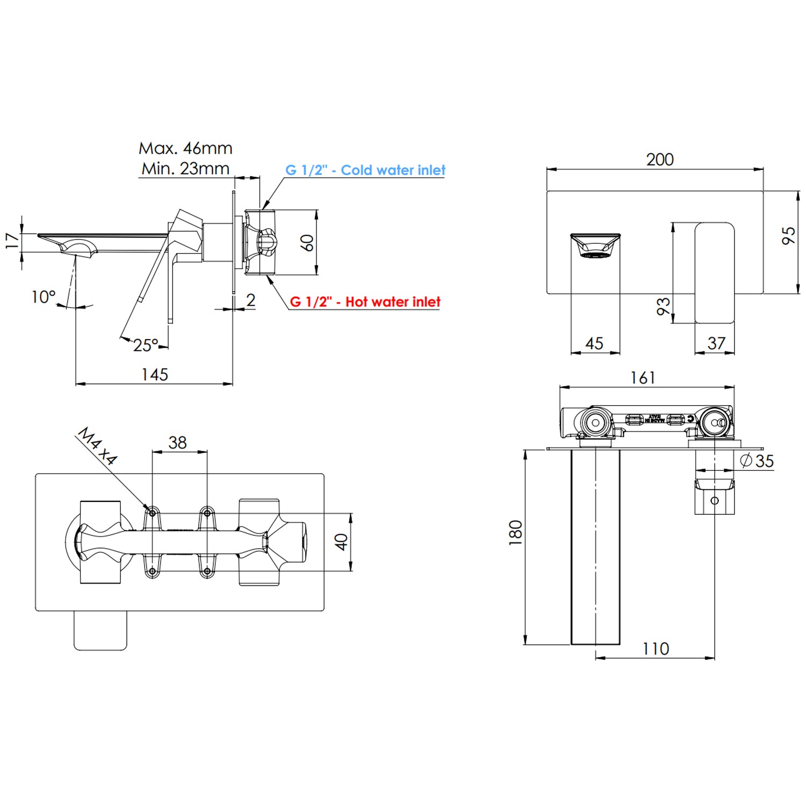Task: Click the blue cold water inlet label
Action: coord(365,170)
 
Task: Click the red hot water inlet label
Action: coord(365,302)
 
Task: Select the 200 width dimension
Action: coord(660,160)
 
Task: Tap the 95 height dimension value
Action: coord(788,235)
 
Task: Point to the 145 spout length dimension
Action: coord(155,375)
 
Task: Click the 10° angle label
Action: coord(44,297)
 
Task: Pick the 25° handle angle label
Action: coord(146,345)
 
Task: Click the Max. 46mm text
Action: coord(185,148)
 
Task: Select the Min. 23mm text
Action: coord(185,169)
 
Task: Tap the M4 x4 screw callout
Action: coord(97,446)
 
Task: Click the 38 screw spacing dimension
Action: coord(178,443)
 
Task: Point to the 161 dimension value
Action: coord(643,378)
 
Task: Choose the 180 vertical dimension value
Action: coord(516,532)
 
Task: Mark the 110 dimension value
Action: coord(656,649)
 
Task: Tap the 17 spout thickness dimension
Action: coord(12,240)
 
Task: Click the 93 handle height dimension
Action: coord(664,306)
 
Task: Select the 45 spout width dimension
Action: coord(594,343)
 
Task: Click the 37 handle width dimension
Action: coord(716,343)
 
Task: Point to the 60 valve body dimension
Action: coord(307,243)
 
